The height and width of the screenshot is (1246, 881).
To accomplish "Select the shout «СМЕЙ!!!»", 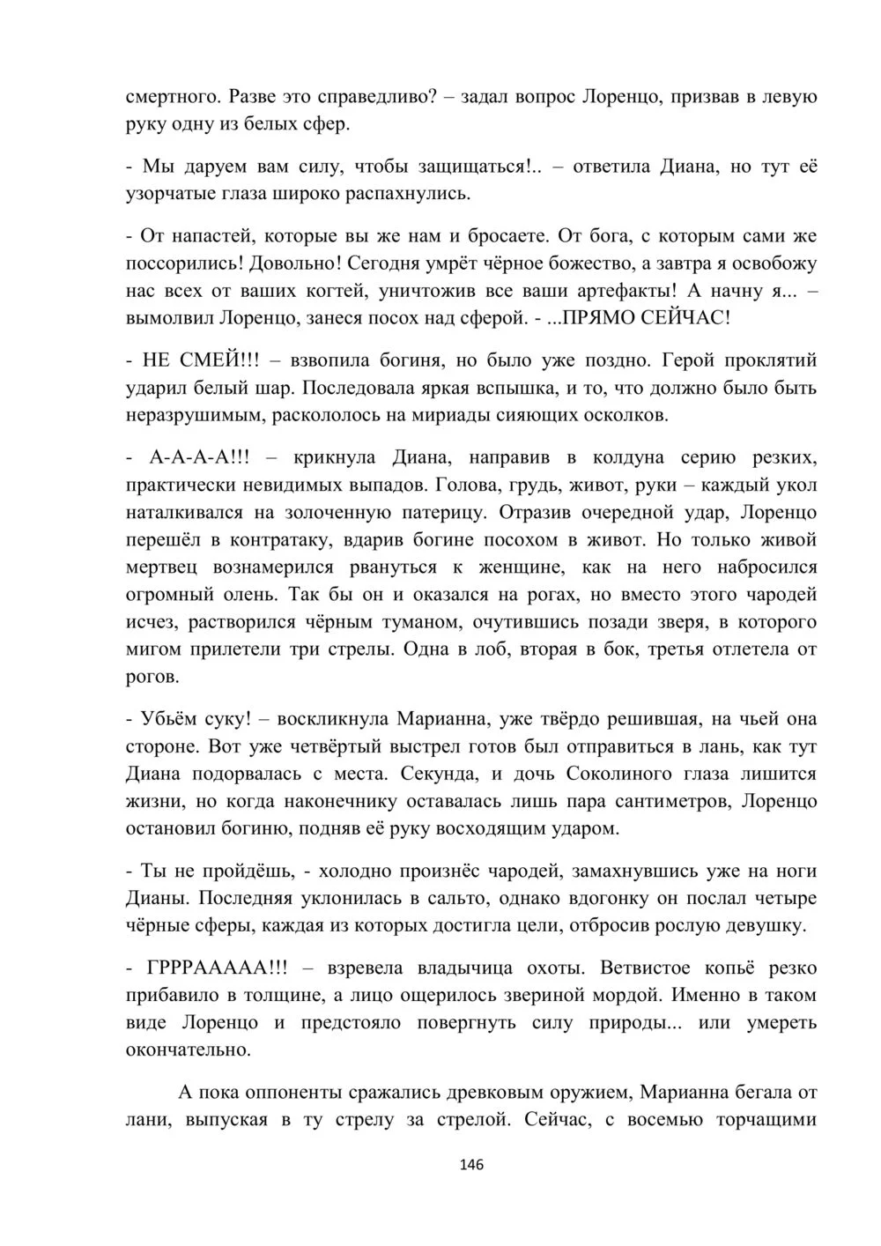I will (212, 360).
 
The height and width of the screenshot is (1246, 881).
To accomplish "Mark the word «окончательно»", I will (188, 1050).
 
